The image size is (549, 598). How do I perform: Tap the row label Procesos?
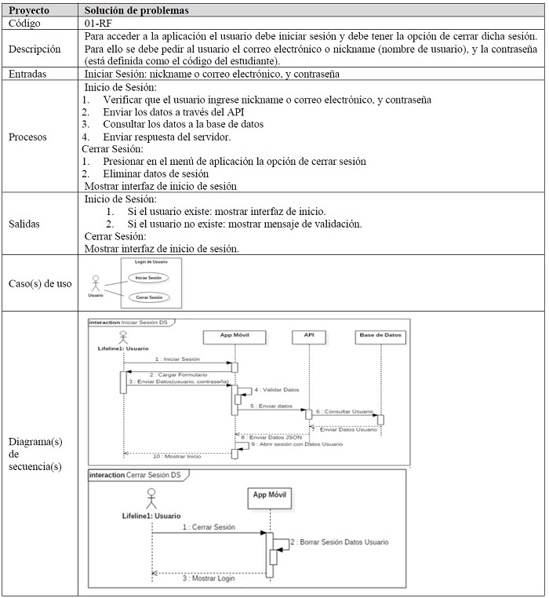[27, 137]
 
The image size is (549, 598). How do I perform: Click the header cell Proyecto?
[29, 11]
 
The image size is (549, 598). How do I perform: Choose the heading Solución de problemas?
[137, 11]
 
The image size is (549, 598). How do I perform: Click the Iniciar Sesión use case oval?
[148, 278]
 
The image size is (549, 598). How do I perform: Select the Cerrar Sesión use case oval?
[148, 297]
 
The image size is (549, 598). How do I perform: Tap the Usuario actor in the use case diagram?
[96, 283]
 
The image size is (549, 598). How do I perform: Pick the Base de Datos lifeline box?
[380, 335]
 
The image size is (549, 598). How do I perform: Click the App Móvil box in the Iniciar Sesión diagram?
[234, 335]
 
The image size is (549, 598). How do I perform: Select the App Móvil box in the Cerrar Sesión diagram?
[269, 495]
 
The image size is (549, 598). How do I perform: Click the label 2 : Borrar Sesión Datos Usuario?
[339, 542]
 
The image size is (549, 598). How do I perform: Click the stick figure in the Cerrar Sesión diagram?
[151, 499]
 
